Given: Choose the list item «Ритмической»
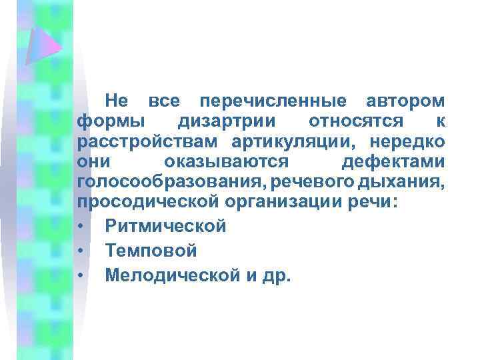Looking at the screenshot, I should pyautogui.click(x=165, y=227).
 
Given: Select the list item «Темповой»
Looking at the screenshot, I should pyautogui.click(x=151, y=251).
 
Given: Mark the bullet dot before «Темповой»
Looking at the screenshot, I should pyautogui.click(x=80, y=251).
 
